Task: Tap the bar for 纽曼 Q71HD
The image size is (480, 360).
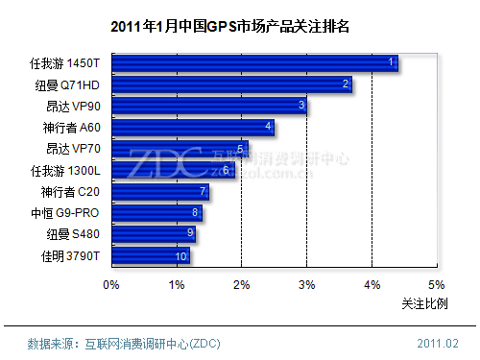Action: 231,84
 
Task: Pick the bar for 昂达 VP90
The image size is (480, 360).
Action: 209,106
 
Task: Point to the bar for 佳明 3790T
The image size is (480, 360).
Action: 151,256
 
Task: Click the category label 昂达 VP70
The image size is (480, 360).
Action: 72,149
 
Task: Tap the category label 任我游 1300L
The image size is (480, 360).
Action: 64,170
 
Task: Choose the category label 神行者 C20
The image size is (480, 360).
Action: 68,192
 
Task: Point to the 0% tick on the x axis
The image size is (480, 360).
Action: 111,284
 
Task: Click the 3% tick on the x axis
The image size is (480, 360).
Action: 306,284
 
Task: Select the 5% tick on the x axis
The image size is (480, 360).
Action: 437,284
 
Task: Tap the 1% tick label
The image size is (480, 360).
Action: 176,284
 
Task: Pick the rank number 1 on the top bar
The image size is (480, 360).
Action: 391,62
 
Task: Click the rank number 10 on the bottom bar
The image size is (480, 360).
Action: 180,256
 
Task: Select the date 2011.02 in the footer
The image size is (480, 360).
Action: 438,343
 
